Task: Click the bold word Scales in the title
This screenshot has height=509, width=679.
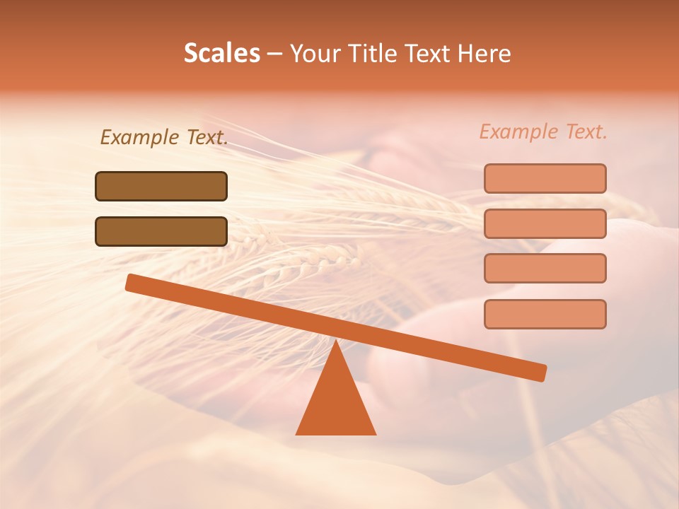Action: coord(221,53)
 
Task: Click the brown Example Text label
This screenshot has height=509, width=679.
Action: coord(163,138)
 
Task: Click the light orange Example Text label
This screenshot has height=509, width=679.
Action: coord(543,131)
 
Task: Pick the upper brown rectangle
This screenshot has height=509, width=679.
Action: coord(161,186)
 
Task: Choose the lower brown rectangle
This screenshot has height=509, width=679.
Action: coord(161,231)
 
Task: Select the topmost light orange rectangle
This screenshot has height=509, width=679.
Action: coord(545,178)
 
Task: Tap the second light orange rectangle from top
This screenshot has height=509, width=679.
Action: coord(545,223)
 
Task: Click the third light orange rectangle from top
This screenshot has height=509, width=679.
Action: coord(545,269)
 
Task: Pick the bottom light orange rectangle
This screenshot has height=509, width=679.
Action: coord(545,314)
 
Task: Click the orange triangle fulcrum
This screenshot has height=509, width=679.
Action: coord(336,403)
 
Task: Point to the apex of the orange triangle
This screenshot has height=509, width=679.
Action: coord(336,341)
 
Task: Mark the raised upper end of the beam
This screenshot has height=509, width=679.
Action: coord(132,283)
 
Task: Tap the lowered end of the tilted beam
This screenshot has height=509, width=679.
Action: coord(540,373)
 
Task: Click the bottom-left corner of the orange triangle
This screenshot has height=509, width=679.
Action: coord(296,434)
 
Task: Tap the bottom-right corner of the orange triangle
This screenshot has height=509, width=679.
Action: coord(376,434)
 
